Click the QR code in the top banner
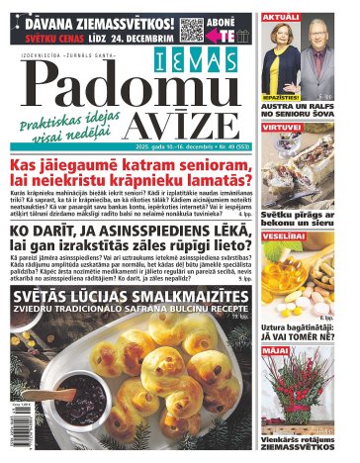192,28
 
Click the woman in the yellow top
280,59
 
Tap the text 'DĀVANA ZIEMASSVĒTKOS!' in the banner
89,19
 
